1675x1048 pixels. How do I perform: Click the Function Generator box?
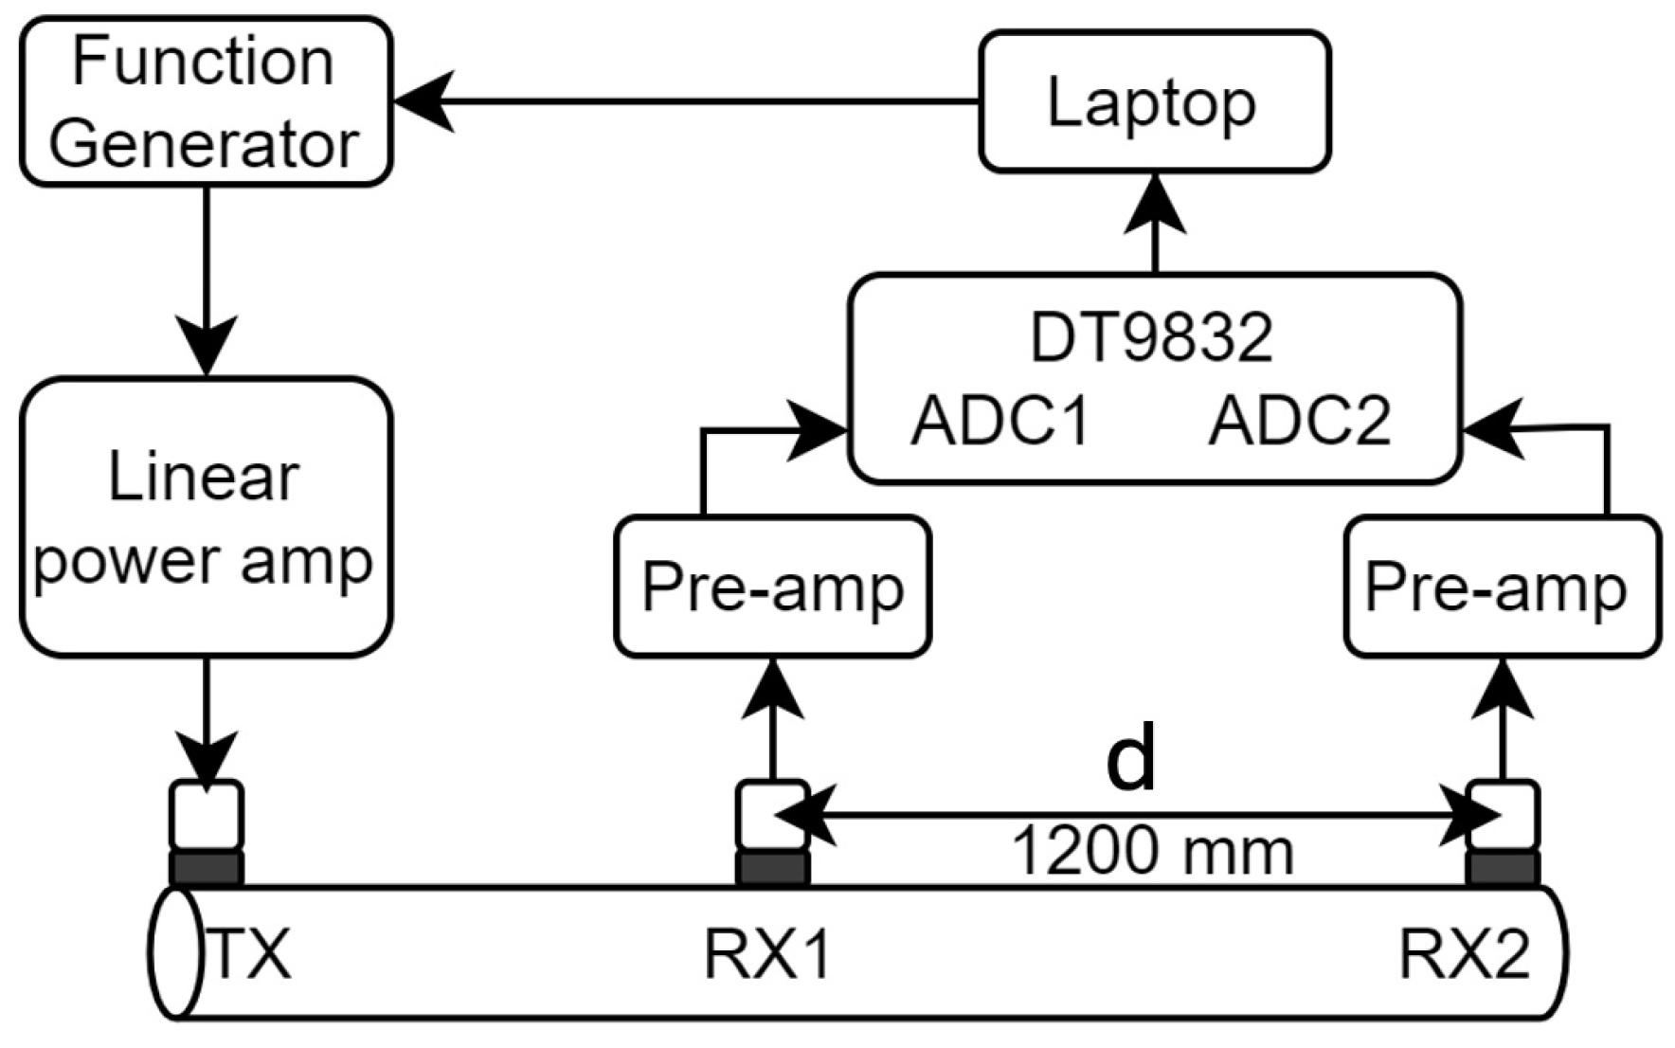[x=206, y=101]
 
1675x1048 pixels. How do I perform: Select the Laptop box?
[x=1154, y=101]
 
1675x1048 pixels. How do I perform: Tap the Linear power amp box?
[x=206, y=516]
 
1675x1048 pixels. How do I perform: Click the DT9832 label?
[x=1151, y=336]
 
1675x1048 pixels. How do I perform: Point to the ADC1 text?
[x=1001, y=420]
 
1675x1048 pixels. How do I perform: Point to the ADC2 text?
[x=1300, y=420]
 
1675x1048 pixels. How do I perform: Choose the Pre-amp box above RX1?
[x=772, y=587]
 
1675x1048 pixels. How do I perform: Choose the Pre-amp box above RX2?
[x=1502, y=587]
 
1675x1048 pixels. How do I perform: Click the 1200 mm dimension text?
[x=1153, y=850]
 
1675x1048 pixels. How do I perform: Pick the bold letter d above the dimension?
[x=1132, y=758]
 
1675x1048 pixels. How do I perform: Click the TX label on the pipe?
[x=249, y=952]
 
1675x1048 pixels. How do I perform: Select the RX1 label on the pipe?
[x=767, y=952]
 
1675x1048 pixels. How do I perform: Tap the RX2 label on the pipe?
[x=1464, y=952]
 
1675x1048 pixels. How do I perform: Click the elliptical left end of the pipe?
[x=176, y=952]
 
